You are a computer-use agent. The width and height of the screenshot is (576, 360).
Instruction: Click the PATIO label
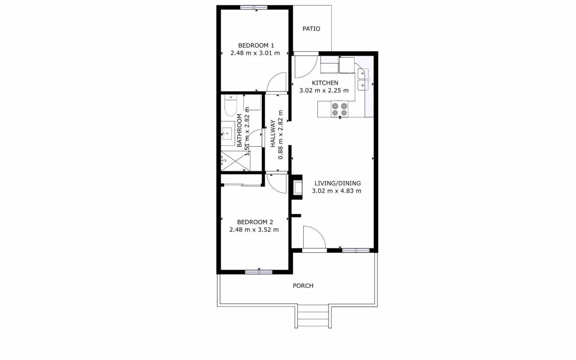coord(311,29)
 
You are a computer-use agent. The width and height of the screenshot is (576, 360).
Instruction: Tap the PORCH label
coord(303,286)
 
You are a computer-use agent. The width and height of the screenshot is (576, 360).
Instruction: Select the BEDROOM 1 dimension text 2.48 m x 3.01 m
coord(255,53)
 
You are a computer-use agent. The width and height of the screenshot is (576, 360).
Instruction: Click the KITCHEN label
coord(325,83)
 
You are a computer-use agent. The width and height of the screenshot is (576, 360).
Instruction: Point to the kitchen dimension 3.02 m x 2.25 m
coord(324,90)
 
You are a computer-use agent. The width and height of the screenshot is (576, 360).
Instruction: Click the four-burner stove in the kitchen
coord(339,109)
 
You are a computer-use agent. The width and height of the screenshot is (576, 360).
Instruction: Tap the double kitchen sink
coord(363,80)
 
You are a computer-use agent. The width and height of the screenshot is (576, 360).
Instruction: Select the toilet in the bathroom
coord(231,105)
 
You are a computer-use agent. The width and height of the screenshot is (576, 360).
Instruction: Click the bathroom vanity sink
coord(228,134)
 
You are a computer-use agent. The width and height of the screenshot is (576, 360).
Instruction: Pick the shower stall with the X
coord(235,161)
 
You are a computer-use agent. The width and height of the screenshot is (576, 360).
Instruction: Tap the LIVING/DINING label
coord(337,183)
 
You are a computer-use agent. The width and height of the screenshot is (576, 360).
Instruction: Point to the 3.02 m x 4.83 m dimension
coord(337,191)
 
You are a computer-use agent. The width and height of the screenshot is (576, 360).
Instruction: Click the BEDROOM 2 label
coord(255,222)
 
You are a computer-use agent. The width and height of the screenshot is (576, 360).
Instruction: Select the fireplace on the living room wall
coord(297,187)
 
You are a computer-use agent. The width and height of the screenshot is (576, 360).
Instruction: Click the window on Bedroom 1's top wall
coord(254,8)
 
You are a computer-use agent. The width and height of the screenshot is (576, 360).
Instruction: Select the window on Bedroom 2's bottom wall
coord(258,272)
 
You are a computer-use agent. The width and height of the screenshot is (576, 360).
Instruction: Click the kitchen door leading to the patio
coord(306,66)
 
